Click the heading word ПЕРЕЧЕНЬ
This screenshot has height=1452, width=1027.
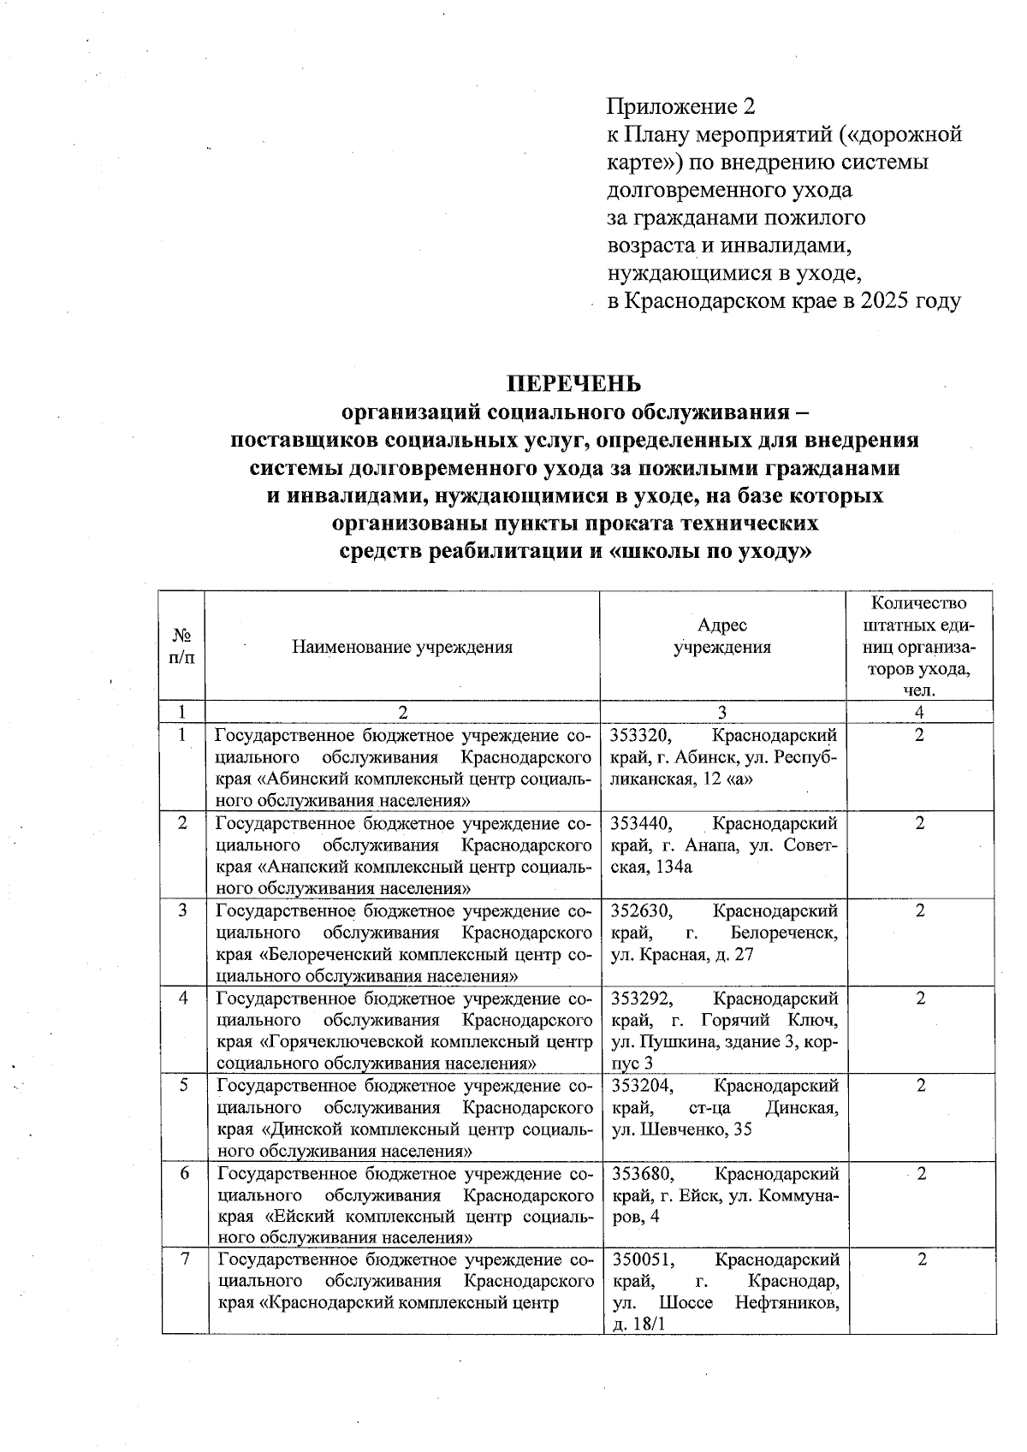tap(574, 382)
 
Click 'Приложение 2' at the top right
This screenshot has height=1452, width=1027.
tap(681, 106)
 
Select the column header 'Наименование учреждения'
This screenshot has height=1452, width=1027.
tap(402, 648)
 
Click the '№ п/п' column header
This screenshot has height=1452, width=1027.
tap(181, 648)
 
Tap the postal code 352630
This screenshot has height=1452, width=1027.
tap(643, 911)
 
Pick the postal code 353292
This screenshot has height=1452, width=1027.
tap(643, 999)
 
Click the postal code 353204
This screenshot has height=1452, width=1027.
tap(644, 1087)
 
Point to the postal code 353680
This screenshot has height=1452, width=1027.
tap(644, 1174)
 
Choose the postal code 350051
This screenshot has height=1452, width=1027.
tap(644, 1260)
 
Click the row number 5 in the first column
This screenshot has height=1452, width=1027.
tap(184, 1086)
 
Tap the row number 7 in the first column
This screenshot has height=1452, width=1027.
tap(185, 1259)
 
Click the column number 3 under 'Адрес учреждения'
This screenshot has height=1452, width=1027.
tap(722, 713)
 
